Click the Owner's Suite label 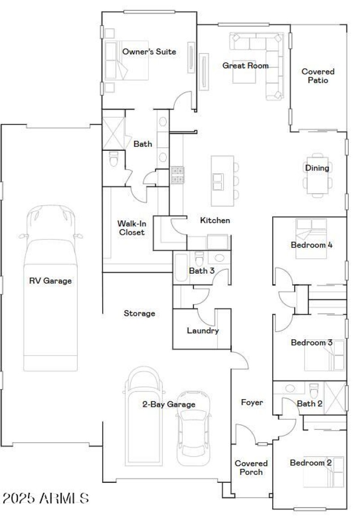[149, 52]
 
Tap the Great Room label [245, 66]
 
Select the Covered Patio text [318, 76]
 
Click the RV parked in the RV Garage [50, 288]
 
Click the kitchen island [222, 180]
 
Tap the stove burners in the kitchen [178, 175]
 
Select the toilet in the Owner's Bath [113, 159]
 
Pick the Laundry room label [202, 331]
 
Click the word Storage [139, 313]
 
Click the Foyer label [252, 402]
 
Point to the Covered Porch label [251, 468]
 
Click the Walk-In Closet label [131, 228]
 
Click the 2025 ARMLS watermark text [45, 498]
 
